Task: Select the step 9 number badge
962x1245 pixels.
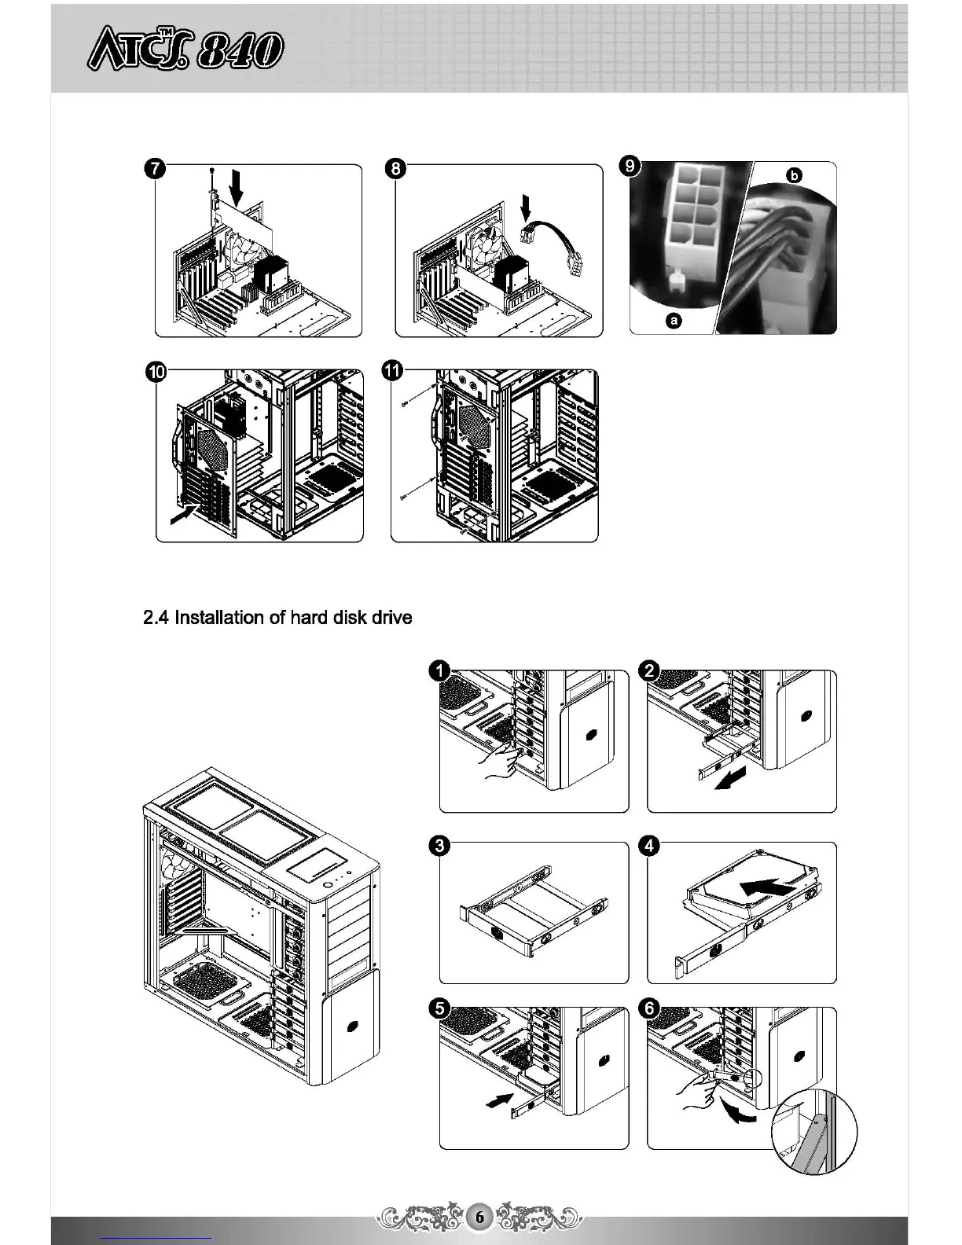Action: pos(629,167)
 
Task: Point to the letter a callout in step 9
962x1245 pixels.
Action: pos(674,321)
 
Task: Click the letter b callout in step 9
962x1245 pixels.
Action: pos(795,175)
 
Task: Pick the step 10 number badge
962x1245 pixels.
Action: pos(156,373)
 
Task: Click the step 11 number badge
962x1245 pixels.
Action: pos(392,370)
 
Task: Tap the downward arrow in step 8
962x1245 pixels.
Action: pos(527,209)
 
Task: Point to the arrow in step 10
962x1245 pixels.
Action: pos(183,516)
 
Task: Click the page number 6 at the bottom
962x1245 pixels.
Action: pos(479,1217)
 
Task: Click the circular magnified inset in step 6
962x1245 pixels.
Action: pos(815,1132)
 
